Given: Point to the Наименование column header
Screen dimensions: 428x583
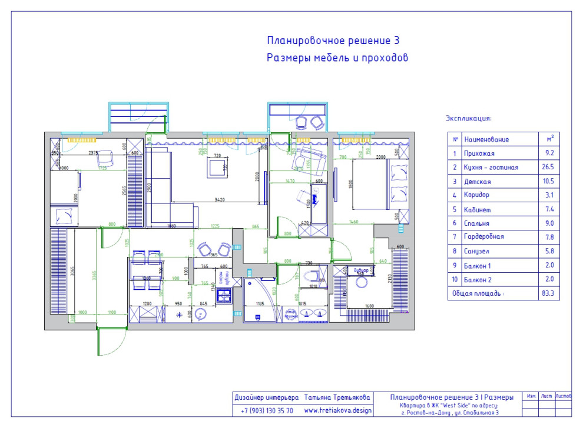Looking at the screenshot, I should click(x=486, y=140).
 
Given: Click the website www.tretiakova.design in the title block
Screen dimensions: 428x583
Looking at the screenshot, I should click(x=337, y=410).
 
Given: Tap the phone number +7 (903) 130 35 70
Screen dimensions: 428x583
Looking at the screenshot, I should click(x=267, y=410).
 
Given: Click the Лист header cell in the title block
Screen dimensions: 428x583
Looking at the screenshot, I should click(x=546, y=397).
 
